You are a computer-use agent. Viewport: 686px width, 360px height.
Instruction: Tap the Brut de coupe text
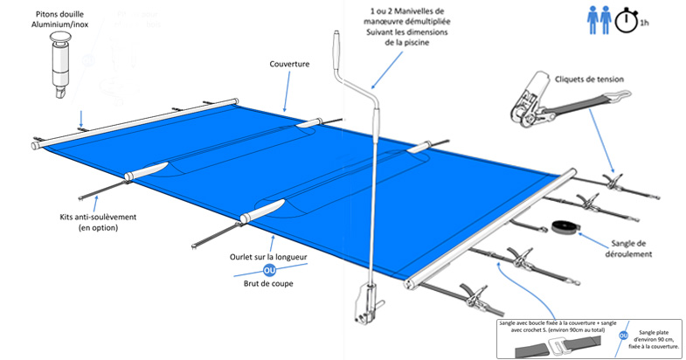[269, 283]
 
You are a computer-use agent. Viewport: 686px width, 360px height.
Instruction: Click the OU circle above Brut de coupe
[269, 271]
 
